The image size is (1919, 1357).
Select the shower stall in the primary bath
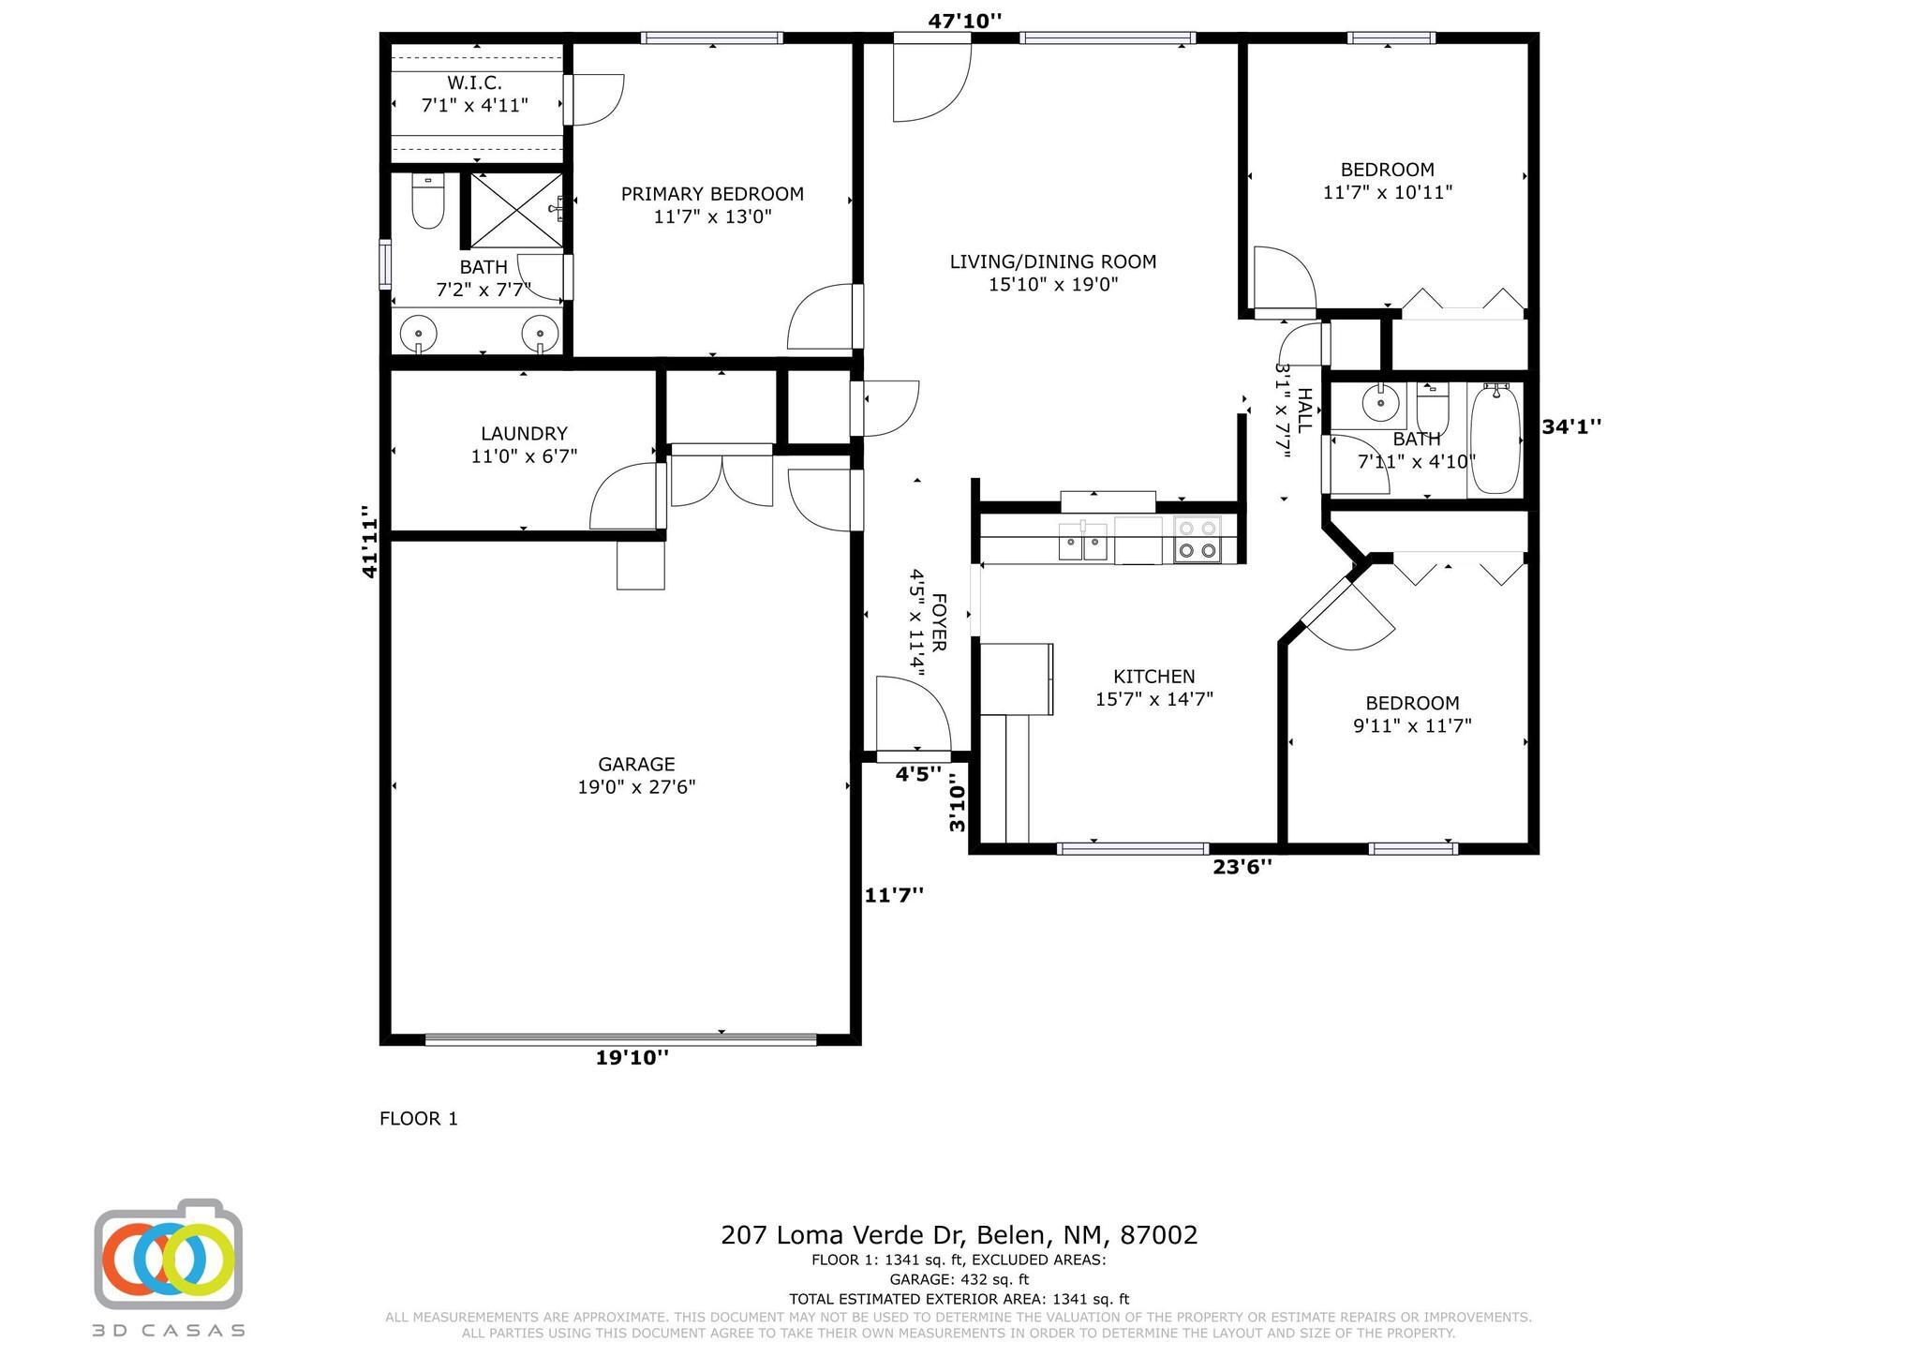click(x=516, y=211)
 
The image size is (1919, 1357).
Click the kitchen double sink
click(x=1082, y=542)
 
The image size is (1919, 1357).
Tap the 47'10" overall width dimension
click(x=964, y=21)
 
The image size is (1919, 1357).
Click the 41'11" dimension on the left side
click(x=370, y=541)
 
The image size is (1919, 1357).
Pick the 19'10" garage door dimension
click(x=632, y=1058)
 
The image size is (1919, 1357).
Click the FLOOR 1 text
click(x=419, y=1118)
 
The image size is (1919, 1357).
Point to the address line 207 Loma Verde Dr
click(x=959, y=1234)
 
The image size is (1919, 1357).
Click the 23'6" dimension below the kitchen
click(x=1242, y=867)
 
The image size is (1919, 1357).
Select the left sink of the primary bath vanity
click(x=418, y=332)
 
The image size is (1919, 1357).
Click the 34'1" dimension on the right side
click(x=1571, y=426)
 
